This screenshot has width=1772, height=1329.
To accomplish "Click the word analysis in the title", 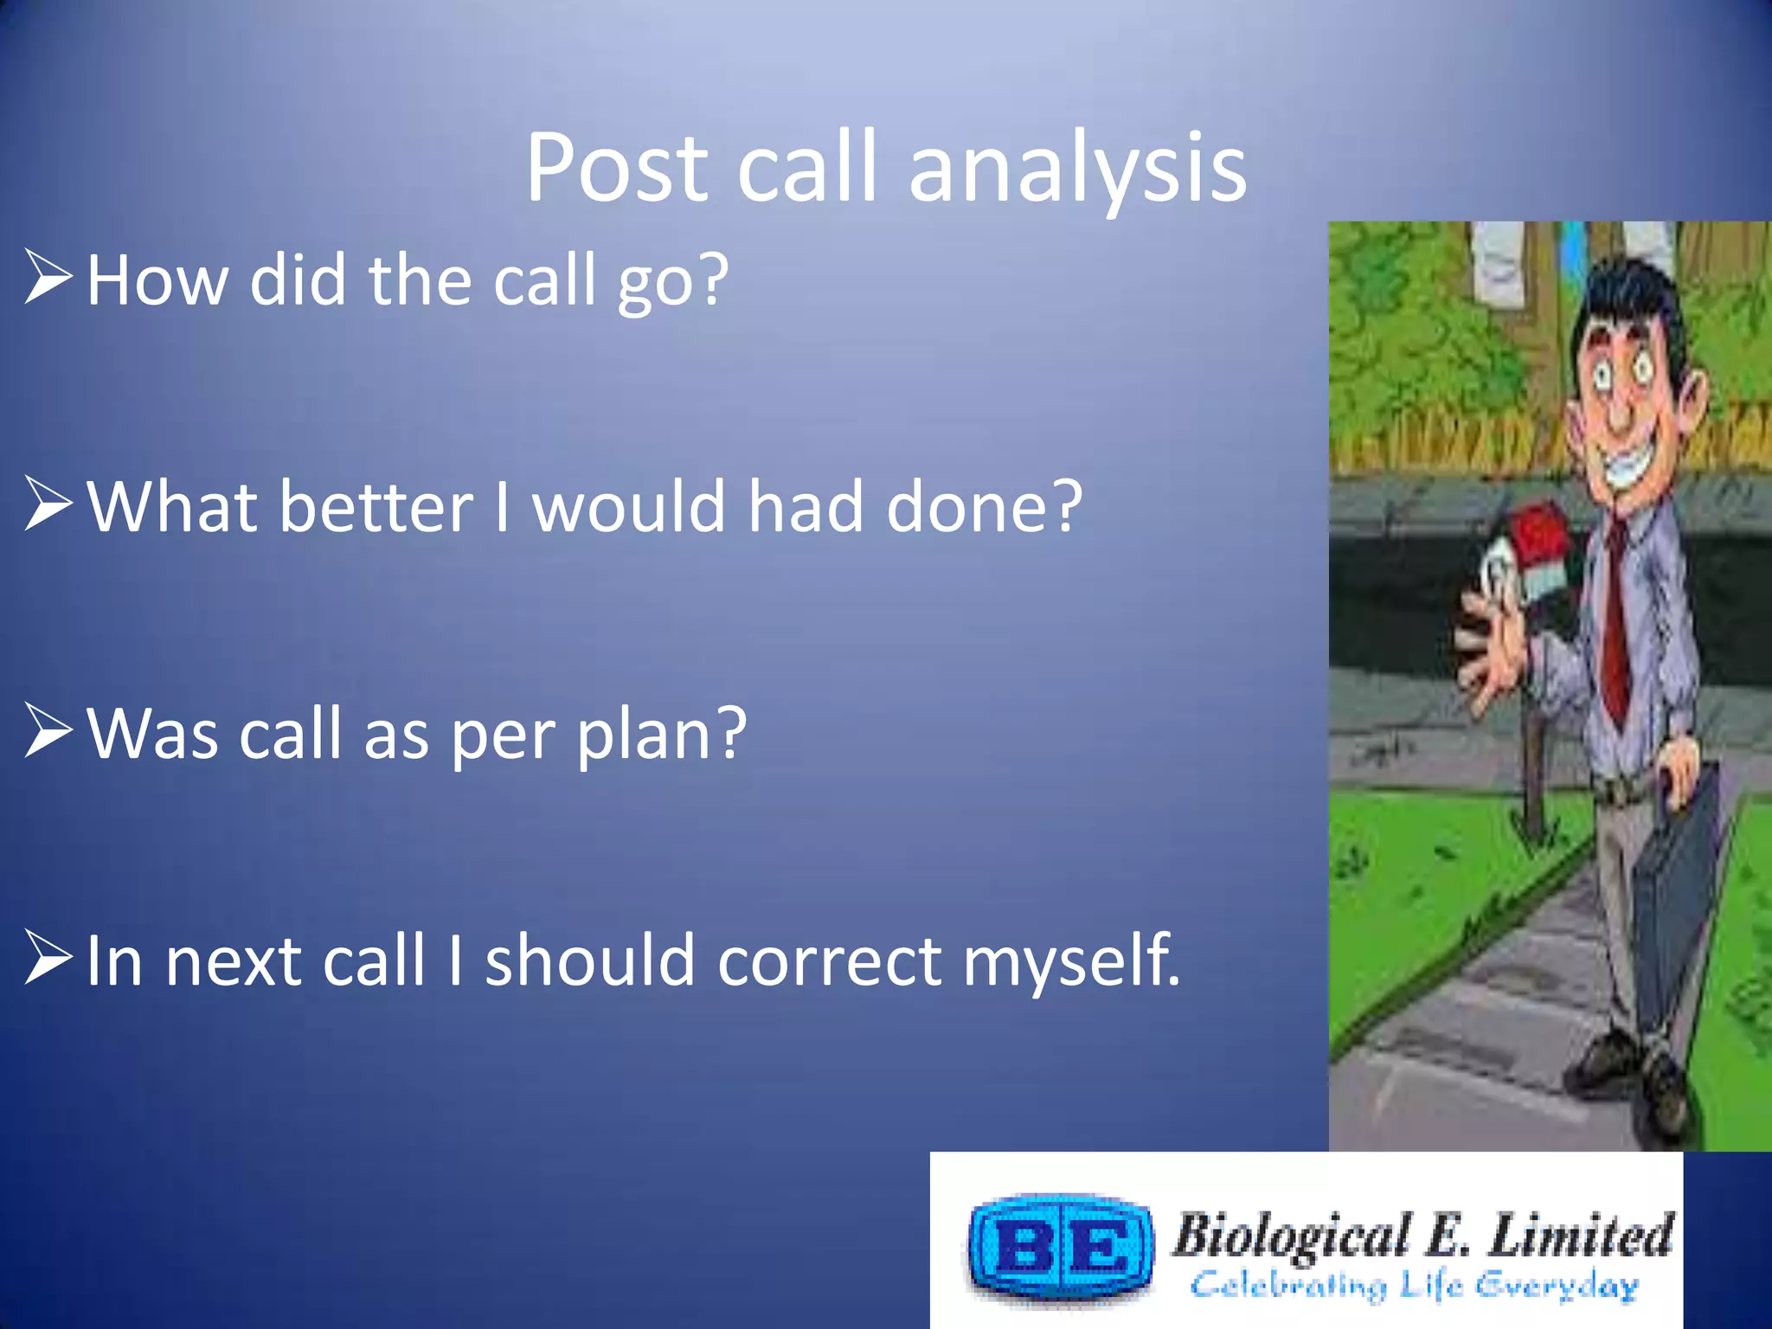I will click(x=1077, y=169).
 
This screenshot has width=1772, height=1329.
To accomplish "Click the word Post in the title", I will click(x=617, y=169).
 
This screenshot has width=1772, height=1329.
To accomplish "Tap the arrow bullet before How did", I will click(x=48, y=277).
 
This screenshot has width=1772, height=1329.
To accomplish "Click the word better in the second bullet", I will click(x=376, y=507).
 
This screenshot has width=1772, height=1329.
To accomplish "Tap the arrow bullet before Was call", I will click(x=48, y=731).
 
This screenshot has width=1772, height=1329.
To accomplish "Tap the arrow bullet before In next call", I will click(x=48, y=958).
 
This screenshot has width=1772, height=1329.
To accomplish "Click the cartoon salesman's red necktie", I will click(x=1616, y=623).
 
